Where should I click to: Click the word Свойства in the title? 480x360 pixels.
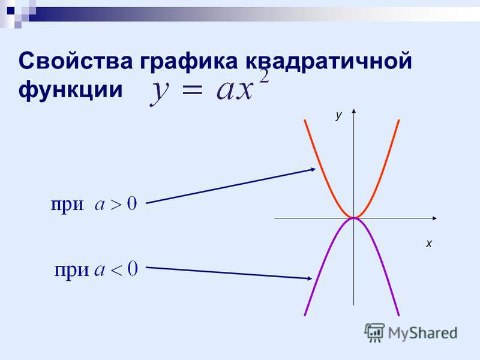(x=76, y=61)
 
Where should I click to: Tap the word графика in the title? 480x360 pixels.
(x=189, y=63)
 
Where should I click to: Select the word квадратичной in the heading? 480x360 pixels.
(x=329, y=63)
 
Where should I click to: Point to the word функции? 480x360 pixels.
(x=70, y=90)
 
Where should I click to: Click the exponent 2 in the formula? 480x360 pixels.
(x=263, y=76)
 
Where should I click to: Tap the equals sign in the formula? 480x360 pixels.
(x=193, y=91)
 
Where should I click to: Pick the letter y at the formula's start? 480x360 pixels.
(x=160, y=93)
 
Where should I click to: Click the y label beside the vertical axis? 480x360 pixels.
(x=338, y=115)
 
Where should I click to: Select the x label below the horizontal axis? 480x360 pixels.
(x=428, y=244)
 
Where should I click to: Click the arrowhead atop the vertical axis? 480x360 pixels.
(x=354, y=111)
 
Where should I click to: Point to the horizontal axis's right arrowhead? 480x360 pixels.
(x=434, y=218)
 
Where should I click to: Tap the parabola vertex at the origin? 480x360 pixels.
(x=353, y=218)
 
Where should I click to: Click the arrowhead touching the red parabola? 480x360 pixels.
(x=313, y=169)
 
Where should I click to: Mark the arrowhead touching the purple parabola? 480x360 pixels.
(x=310, y=278)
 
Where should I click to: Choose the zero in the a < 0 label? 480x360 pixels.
(x=133, y=268)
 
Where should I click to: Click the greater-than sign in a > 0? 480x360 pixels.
(x=116, y=205)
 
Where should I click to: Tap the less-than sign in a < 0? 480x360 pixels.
(x=116, y=271)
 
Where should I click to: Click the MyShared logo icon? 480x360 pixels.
(x=374, y=332)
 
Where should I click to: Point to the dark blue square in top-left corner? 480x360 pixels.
(x=10, y=11)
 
